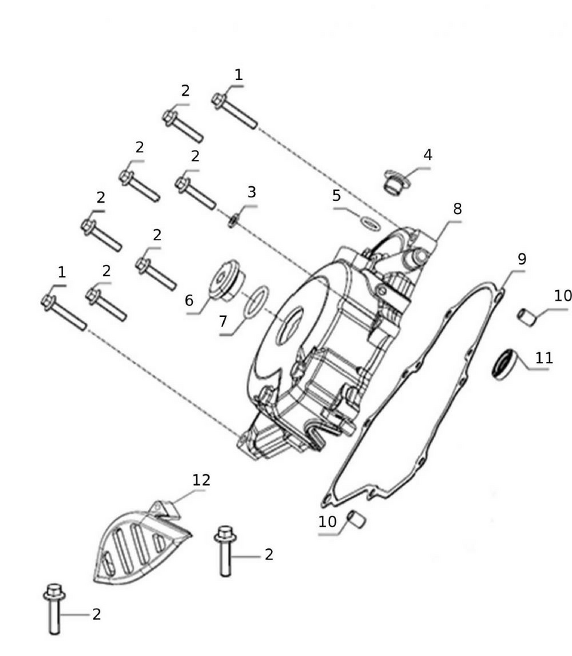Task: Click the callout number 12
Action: [x=201, y=480]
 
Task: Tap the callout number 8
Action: [x=457, y=209]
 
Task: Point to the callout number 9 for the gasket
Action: [x=521, y=258]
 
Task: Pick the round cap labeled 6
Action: [x=225, y=283]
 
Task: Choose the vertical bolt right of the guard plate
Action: [x=225, y=551]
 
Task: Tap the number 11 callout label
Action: [x=544, y=358]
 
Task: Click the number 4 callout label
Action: [x=428, y=155]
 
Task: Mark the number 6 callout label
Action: [x=190, y=300]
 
